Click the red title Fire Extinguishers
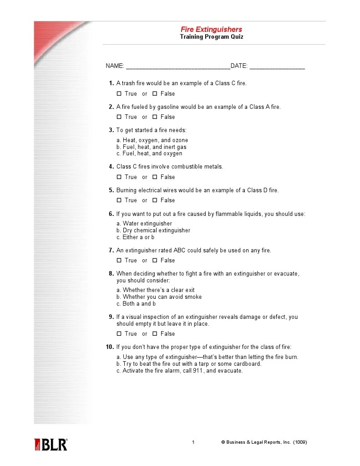tap(211, 30)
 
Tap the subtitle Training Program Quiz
tap(211, 37)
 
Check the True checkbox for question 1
tap(119, 94)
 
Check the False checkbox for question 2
tap(155, 117)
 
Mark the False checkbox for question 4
tap(155, 177)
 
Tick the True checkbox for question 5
tap(119, 200)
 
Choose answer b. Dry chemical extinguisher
tap(153, 230)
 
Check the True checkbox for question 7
tap(119, 261)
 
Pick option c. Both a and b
tap(136, 304)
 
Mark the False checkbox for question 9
tap(155, 334)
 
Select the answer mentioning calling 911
tap(179, 371)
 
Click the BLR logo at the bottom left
tap(51, 445)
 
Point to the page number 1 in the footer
tap(193, 442)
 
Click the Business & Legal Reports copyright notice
tap(264, 442)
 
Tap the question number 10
tap(110, 347)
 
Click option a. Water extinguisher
tap(144, 224)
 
